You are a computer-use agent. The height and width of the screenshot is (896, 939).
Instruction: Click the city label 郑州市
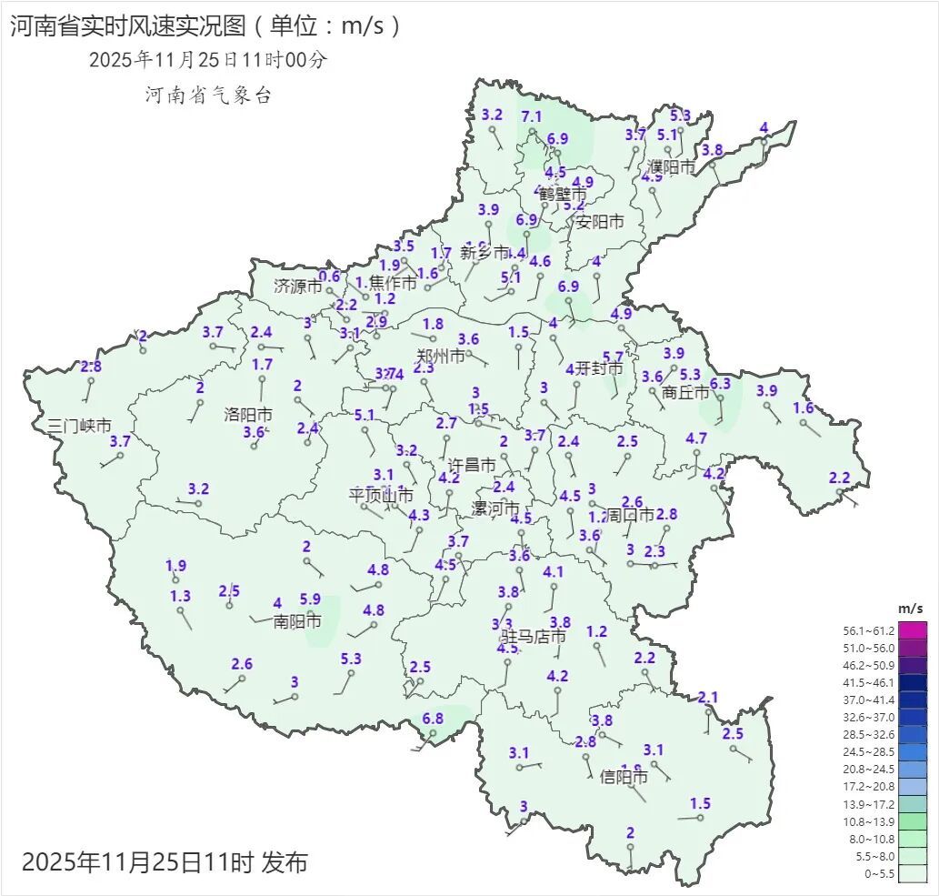click(440, 356)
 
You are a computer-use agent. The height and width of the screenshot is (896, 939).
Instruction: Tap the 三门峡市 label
click(79, 425)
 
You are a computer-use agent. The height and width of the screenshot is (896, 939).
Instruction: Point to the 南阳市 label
click(297, 622)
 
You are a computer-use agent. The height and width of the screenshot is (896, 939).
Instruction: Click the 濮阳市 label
click(671, 167)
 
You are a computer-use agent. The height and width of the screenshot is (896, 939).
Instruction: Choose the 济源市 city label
click(298, 286)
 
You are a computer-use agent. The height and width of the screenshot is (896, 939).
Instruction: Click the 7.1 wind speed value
click(532, 116)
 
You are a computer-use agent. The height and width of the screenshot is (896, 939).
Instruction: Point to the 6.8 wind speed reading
click(433, 719)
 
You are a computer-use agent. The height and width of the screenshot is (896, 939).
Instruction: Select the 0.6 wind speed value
click(329, 277)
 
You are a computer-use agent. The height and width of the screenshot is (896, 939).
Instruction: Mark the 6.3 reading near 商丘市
click(720, 384)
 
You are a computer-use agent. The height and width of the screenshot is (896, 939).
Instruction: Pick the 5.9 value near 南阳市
click(310, 599)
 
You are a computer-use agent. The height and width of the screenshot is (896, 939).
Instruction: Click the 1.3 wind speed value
click(180, 596)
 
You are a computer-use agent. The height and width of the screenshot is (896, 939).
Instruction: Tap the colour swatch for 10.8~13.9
click(914, 821)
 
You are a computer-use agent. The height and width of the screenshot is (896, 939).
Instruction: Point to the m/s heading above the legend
click(910, 608)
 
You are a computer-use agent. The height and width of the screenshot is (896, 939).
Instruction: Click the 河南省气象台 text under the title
click(208, 95)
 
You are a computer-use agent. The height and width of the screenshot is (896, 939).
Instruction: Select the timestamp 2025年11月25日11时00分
click(207, 60)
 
